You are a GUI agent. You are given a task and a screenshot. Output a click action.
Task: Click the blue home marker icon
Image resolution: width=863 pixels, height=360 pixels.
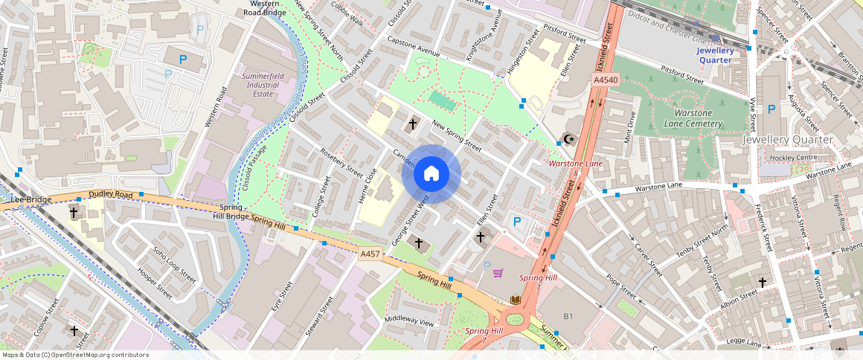point(431,174)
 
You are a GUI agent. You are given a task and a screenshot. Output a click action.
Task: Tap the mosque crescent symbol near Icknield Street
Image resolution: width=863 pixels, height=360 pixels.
point(569,139)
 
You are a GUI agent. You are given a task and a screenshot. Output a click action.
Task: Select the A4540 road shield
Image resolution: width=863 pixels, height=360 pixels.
point(604,80)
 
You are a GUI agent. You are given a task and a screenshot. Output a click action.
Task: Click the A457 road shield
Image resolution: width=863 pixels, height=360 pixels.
point(370,254)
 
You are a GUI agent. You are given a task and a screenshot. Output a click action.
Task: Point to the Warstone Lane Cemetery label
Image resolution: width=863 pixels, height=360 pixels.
point(687,118)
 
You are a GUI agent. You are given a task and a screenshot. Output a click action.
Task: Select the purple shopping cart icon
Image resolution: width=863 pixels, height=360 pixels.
point(498,273)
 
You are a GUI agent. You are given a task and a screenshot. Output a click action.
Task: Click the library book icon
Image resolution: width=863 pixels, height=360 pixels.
point(515,300)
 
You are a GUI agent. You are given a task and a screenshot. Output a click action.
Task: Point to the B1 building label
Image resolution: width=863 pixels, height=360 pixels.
point(568,317)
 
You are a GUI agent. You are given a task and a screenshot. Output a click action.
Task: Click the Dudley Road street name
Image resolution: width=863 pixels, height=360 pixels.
point(109,195)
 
